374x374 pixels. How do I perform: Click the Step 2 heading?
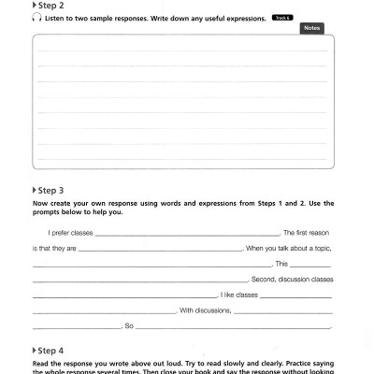coord(50,5)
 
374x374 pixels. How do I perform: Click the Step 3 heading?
coord(50,189)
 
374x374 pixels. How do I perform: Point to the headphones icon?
coord(35,17)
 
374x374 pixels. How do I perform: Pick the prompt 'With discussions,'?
coord(206,310)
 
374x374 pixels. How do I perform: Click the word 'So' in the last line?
coord(129,327)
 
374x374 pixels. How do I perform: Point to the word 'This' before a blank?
coord(281,265)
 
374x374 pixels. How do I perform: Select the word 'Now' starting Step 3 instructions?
coord(40,202)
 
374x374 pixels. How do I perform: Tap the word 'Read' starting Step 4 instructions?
coord(41,363)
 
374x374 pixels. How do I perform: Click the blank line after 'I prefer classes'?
coord(186,235)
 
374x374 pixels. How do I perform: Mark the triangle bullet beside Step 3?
coord(35,189)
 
